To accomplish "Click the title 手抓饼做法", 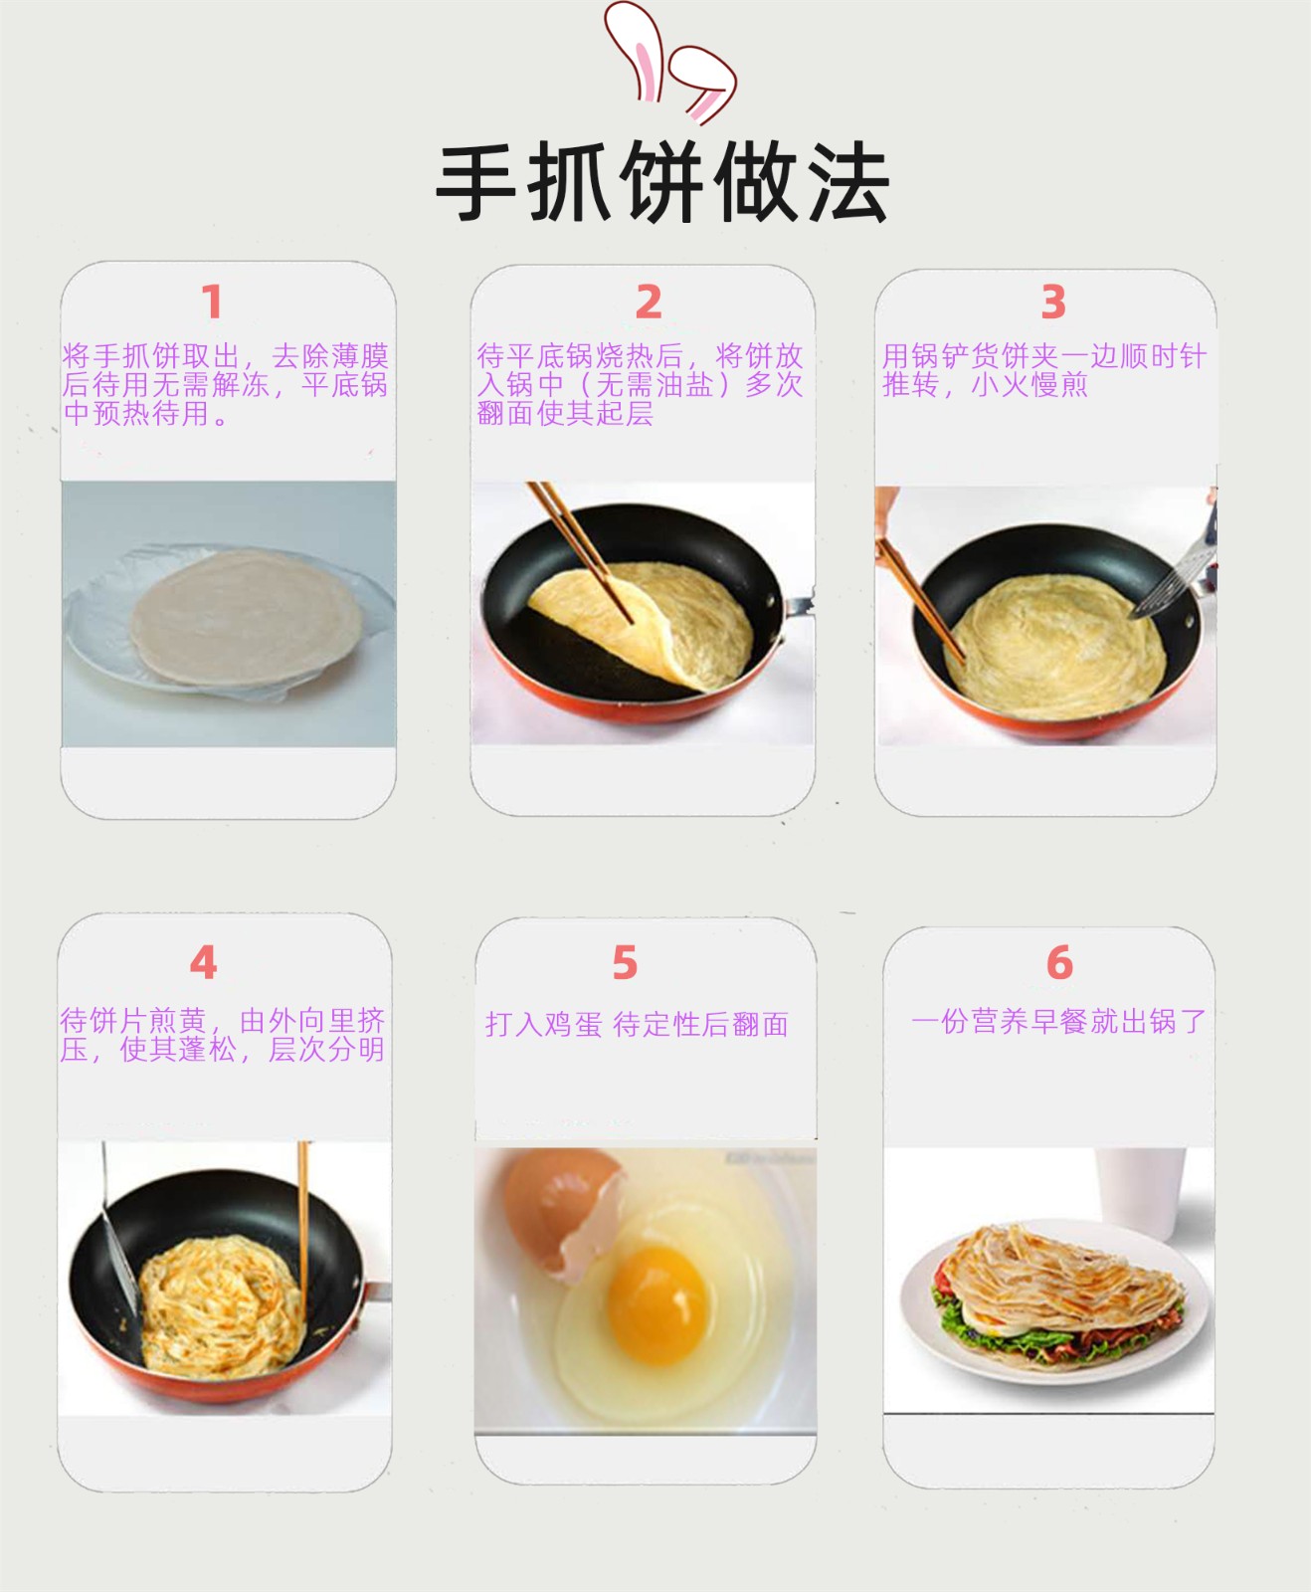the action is coord(661,183).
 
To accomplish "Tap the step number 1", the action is coord(212,301).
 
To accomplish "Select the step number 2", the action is coord(649,301).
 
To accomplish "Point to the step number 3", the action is coord(1053,301).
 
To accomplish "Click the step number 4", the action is coord(203,962).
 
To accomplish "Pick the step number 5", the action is coord(625,962).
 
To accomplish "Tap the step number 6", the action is coord(1059,962).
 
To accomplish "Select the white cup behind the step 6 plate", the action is coord(1141,1194).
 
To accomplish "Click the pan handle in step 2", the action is coord(799,604).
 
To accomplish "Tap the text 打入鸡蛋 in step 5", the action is coord(544,1024).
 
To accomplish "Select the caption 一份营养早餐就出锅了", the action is coord(1058,1021).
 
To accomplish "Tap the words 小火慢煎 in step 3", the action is coord(1030,384).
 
